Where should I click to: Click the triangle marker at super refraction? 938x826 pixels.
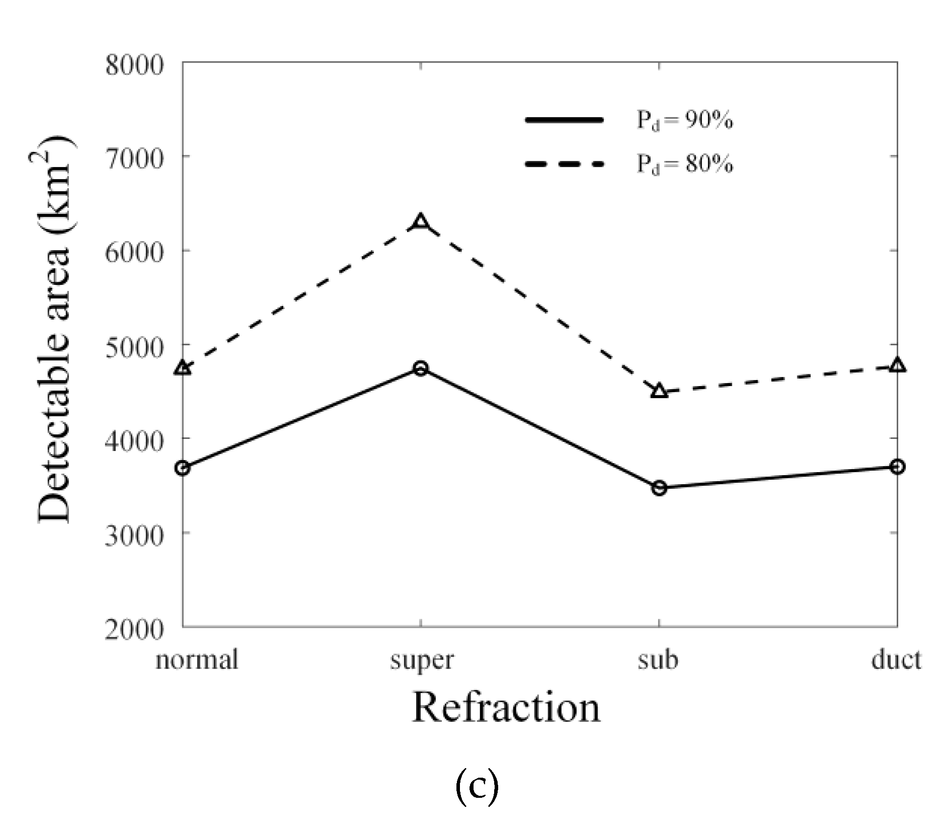[x=421, y=221]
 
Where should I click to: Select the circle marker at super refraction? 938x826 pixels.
[x=421, y=368]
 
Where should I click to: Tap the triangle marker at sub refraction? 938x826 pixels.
[x=659, y=391]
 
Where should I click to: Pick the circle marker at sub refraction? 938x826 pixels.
[x=659, y=488]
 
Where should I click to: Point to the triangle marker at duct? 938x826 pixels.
[x=897, y=365]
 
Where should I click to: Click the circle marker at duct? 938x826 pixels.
[x=897, y=467]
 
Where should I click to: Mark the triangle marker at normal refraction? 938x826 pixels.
[x=183, y=367]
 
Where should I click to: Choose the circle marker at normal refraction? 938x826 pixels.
[x=183, y=468]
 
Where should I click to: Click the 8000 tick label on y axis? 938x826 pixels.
[x=134, y=66]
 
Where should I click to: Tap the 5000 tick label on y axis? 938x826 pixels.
[x=134, y=347]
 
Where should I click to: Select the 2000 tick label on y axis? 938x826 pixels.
[x=134, y=629]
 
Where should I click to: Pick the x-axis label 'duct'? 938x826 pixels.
[x=896, y=659]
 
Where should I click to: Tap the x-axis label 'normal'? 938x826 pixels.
[x=197, y=659]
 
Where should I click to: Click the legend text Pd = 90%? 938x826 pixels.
[x=685, y=121]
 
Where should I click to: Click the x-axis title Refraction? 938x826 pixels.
[x=506, y=707]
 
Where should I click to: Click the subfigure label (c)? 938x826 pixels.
[x=477, y=788]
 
